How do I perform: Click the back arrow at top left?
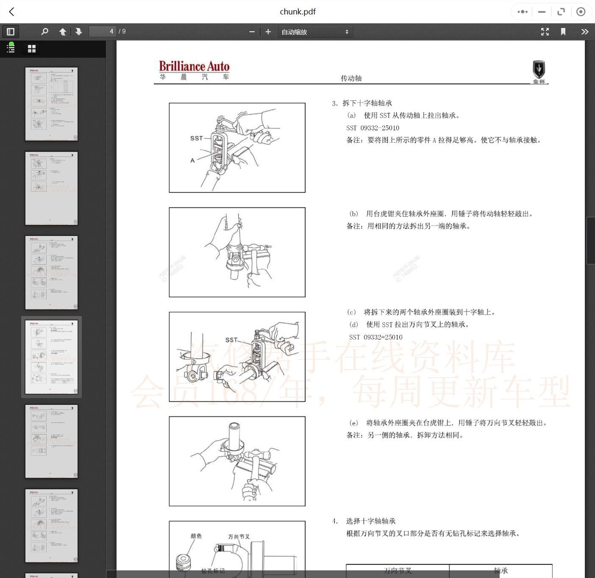pos(12,12)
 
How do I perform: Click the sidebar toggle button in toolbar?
pos(11,32)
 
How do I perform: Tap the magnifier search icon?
pos(44,32)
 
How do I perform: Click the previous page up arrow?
pos(63,32)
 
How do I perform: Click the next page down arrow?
pos(79,32)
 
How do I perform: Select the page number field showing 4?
pos(102,31)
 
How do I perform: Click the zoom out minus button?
pos(252,32)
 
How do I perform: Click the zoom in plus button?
pos(268,32)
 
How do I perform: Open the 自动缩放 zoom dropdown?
pos(315,32)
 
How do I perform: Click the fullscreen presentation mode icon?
pos(545,32)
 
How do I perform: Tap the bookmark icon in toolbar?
pos(563,32)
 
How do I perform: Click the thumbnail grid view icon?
pos(32,49)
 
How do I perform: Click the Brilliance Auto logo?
pos(194,67)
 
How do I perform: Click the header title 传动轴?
pos(351,78)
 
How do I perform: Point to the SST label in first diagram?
pos(196,138)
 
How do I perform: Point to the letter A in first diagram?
pos(192,160)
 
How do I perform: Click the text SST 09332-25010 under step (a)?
pos(373,128)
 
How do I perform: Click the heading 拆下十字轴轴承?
pos(367,103)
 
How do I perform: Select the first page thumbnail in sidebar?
pos(52,104)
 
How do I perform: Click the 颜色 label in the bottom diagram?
pos(196,536)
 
